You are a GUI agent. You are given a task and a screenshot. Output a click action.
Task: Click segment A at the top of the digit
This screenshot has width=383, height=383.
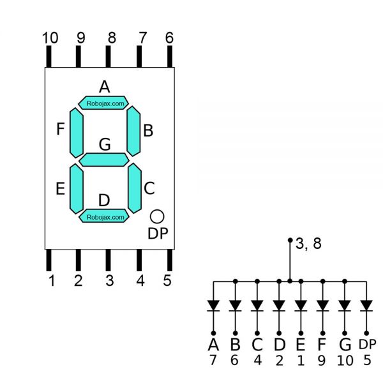103,102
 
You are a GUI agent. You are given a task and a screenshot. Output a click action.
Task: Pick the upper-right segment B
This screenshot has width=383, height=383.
133,130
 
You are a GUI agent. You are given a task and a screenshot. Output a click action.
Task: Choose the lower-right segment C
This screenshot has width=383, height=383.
134,188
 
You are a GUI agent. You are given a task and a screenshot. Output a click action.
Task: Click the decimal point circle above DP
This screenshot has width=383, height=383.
157,216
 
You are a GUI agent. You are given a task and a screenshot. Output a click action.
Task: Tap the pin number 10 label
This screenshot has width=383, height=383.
50,38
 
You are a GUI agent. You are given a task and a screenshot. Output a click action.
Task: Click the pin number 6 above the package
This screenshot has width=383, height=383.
169,38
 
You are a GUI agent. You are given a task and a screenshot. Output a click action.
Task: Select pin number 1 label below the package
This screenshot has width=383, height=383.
50,281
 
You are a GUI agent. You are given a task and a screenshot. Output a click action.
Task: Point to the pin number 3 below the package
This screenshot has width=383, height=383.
110,281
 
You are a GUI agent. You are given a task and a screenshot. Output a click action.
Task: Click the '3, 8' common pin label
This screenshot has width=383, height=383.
308,243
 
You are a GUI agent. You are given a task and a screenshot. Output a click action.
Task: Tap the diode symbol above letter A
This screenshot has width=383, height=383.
213,306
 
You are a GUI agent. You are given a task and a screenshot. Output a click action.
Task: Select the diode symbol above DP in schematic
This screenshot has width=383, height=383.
366,306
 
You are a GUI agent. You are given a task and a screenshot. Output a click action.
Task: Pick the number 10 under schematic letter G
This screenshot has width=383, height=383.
345,361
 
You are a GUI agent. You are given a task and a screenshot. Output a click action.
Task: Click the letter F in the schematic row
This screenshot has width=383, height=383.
322,345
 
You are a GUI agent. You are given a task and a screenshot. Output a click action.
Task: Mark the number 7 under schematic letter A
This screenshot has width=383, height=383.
213,361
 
